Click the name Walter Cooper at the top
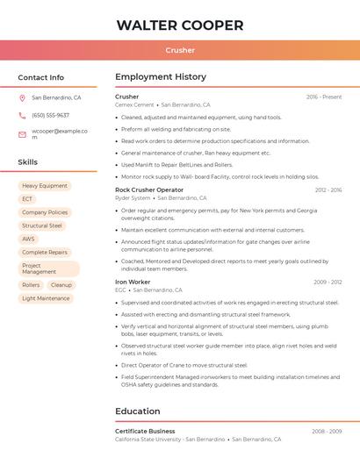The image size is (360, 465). click(x=180, y=25)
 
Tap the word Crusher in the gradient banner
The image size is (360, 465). click(x=180, y=50)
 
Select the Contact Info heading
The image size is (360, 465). click(x=40, y=77)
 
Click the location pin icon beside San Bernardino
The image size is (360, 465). click(x=22, y=98)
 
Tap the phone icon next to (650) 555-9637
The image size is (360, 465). click(x=22, y=115)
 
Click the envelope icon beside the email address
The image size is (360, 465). click(x=22, y=134)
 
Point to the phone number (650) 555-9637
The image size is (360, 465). click(x=50, y=115)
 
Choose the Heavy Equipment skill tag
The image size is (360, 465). click(x=45, y=186)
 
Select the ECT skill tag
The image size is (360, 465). click(x=27, y=199)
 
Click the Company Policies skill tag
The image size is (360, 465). click(x=45, y=212)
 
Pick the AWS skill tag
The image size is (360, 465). click(x=29, y=239)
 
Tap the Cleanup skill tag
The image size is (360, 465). click(x=61, y=285)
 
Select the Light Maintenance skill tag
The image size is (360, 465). click(x=46, y=298)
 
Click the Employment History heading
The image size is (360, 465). click(x=161, y=77)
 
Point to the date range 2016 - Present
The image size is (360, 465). click(x=324, y=97)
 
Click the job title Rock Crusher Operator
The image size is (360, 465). click(x=149, y=190)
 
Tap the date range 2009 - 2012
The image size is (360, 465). click(x=328, y=282)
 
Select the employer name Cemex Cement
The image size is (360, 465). click(x=134, y=104)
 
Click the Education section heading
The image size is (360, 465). click(x=138, y=411)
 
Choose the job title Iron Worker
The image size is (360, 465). click(x=133, y=282)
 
